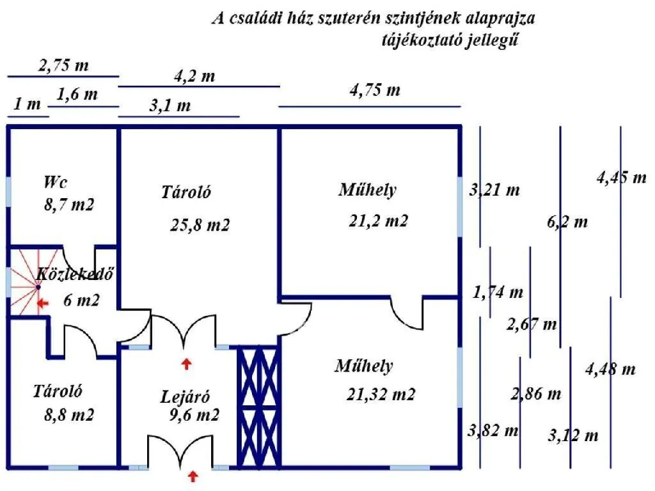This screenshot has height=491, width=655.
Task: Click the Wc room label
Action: [x=55, y=182]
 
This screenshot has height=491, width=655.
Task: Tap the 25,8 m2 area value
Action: [x=200, y=226]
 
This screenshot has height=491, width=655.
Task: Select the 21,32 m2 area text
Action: [x=381, y=394]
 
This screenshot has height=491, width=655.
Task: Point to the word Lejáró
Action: [x=185, y=396]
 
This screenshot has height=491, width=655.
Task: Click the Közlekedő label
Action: [x=75, y=274]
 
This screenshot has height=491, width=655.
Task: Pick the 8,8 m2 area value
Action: [x=69, y=415]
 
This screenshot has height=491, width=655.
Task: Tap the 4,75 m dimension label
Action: [x=375, y=90]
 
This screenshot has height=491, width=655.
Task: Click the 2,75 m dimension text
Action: [x=63, y=66]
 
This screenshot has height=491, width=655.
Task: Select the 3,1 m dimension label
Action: [x=170, y=105]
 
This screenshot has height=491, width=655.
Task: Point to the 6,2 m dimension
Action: [x=567, y=222]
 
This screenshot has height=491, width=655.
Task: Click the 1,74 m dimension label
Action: [x=498, y=292]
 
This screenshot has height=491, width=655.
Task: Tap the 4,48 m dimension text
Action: [x=610, y=369]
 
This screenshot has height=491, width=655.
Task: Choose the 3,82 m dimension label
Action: [x=493, y=430]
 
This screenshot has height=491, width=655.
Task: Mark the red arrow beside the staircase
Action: [x=43, y=303]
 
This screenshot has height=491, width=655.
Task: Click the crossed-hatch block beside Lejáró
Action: [x=259, y=407]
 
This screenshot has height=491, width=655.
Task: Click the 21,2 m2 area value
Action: [x=378, y=221]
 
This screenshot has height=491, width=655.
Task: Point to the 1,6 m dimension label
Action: [x=77, y=95]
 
